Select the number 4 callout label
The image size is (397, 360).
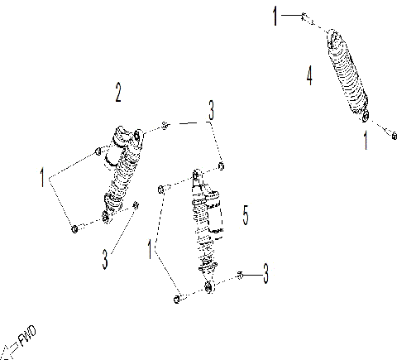[309, 77]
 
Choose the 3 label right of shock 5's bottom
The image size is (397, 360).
[265, 271]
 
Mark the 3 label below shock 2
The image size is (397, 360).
[105, 258]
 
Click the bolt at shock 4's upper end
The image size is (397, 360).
[305, 16]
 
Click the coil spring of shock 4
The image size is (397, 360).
[347, 74]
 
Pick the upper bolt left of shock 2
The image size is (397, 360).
[98, 150]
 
